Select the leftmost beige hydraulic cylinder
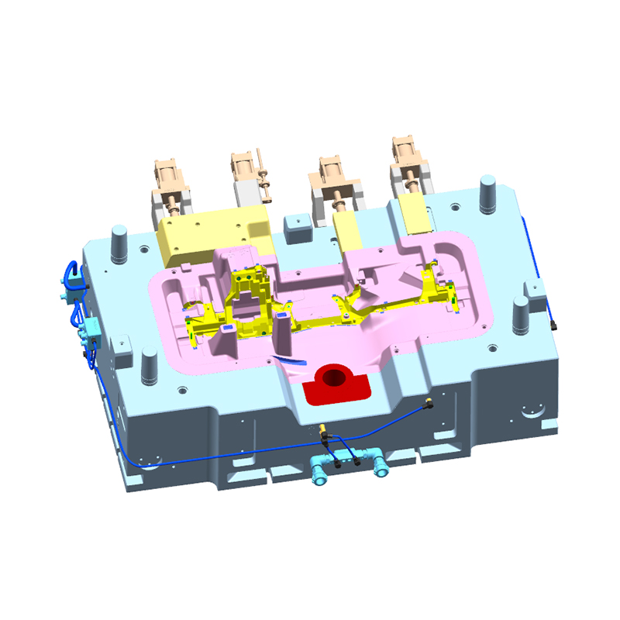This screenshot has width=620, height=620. point(169,181)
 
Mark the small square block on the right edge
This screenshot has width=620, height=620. point(536,291)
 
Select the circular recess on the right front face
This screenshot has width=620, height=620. point(534,408)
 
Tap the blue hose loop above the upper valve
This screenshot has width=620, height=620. point(71,267)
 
